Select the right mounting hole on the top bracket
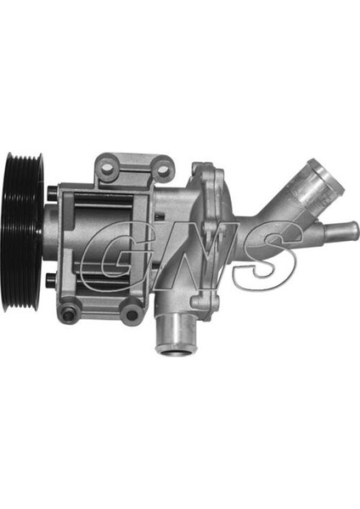[163, 170]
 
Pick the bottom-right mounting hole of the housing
[132, 314]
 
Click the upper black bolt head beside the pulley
[52, 193]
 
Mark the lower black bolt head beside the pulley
[52, 281]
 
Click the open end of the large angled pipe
[325, 176]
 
